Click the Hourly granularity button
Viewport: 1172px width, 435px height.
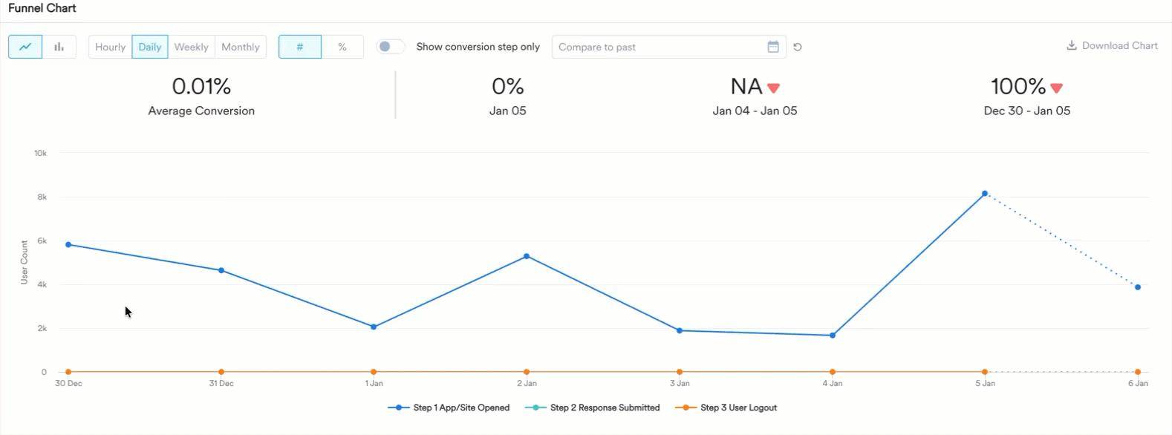(x=110, y=47)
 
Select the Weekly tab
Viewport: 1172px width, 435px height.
(x=191, y=47)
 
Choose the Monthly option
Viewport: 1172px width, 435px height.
(x=241, y=47)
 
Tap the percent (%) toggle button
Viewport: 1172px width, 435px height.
(x=342, y=47)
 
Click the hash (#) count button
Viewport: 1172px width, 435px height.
(x=300, y=47)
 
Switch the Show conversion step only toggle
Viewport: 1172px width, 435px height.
(x=390, y=47)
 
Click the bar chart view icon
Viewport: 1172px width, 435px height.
(x=59, y=47)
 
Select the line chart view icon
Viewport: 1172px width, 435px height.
(x=25, y=47)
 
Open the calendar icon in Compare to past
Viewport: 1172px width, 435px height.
(x=773, y=47)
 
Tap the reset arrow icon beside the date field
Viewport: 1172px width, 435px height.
(x=798, y=47)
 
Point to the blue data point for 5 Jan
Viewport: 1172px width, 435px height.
(x=985, y=194)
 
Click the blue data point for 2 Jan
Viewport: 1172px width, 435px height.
(x=527, y=257)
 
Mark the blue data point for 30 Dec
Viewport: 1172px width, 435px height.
(x=68, y=245)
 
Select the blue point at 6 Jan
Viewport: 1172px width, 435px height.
(x=1138, y=287)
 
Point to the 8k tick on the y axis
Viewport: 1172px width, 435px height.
(x=42, y=197)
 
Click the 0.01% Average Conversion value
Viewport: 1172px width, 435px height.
(x=201, y=87)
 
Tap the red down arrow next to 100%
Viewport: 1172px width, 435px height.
(x=1057, y=88)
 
